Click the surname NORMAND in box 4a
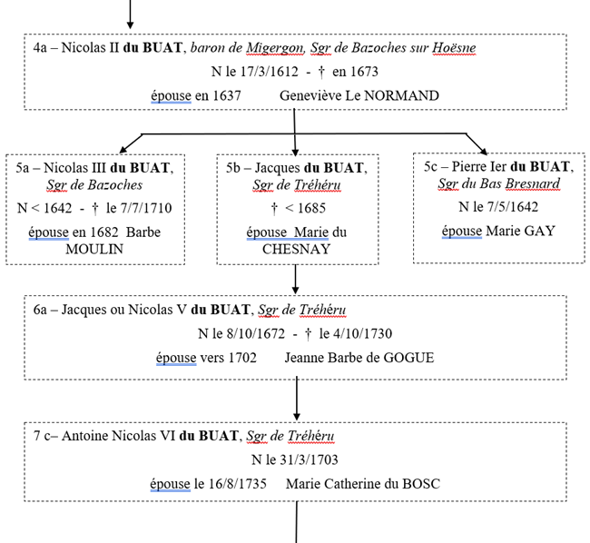tap(400, 95)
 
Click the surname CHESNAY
tap(296, 249)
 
